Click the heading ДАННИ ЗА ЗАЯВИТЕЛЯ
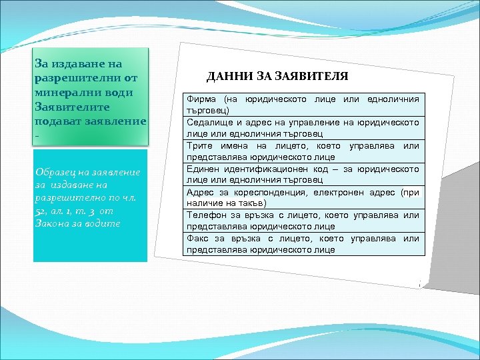coord(277,77)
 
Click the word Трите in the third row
coord(199,146)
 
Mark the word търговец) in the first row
coord(209,110)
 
